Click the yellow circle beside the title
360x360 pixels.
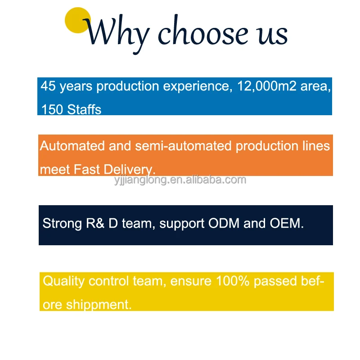[78, 20]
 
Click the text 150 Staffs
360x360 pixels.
[72, 109]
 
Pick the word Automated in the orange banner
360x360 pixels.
[73, 146]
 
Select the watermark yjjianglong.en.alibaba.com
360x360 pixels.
[180, 180]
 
